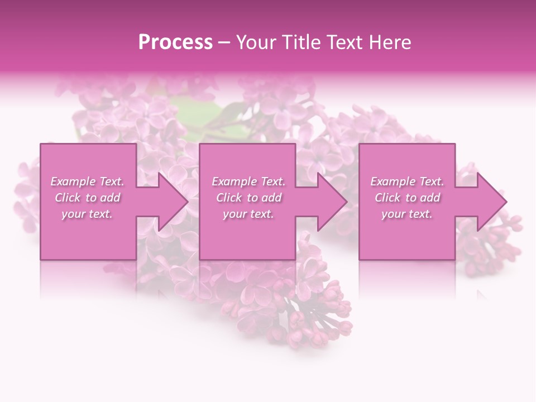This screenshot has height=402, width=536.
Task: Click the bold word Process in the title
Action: [x=175, y=42]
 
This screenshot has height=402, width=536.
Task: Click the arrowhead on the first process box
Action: [x=171, y=202]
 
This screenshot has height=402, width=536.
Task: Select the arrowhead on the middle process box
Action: [x=330, y=202]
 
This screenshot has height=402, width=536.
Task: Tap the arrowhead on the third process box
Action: [x=489, y=202]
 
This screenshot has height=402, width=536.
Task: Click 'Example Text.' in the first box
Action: [x=87, y=181]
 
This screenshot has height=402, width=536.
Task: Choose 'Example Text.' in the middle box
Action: [x=248, y=181]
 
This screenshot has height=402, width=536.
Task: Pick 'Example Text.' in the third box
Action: [x=407, y=181]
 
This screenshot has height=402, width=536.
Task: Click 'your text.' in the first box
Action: [x=87, y=214]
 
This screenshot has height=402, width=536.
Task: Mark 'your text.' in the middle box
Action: [x=248, y=214]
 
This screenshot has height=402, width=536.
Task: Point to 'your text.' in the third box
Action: [x=407, y=214]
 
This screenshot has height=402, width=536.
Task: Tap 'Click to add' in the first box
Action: [x=87, y=198]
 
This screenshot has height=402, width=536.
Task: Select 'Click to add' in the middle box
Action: [x=248, y=198]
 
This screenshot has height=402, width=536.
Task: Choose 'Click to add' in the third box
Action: [x=407, y=198]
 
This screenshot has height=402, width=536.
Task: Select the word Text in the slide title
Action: [x=341, y=42]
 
